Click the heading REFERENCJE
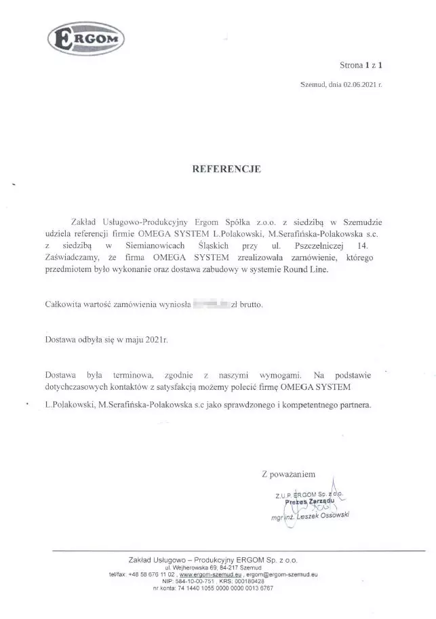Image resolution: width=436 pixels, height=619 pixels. click(218, 168)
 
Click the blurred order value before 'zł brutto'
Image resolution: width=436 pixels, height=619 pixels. click(210, 304)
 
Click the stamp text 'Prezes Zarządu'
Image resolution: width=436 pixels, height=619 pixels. click(316, 501)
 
